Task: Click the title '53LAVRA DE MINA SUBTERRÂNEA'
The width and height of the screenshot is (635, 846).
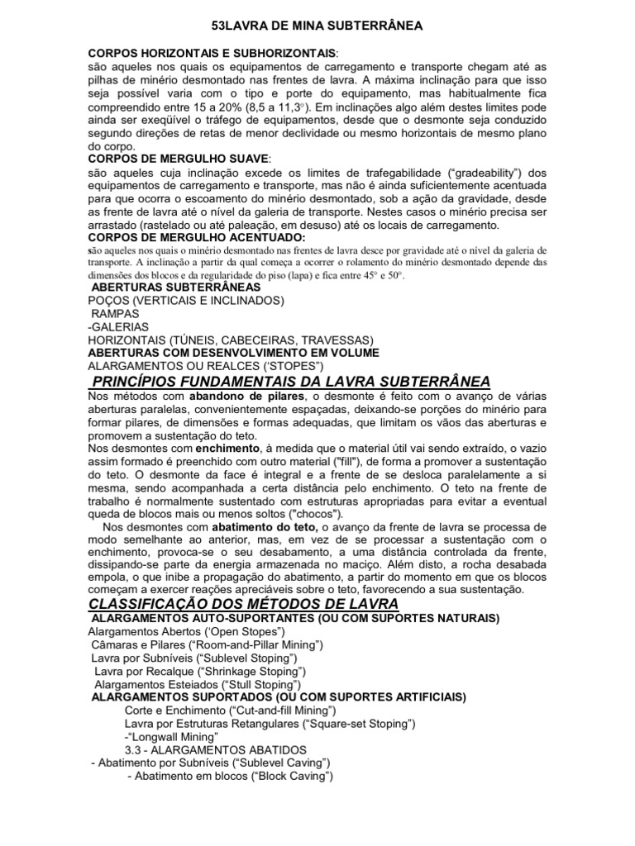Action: tap(317, 26)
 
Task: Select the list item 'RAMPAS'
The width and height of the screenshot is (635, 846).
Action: tap(116, 314)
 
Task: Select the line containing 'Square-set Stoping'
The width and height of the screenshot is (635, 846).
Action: tap(270, 724)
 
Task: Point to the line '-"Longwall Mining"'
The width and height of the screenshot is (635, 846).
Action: tap(170, 737)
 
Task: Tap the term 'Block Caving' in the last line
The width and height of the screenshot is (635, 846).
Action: tap(288, 777)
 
